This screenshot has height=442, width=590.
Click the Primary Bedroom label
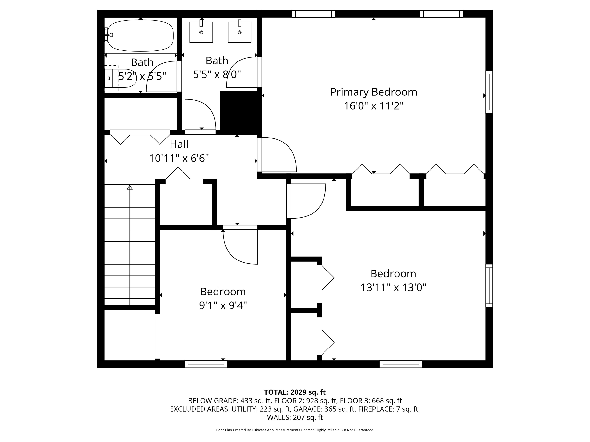373,92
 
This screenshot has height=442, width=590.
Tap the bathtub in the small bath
141,36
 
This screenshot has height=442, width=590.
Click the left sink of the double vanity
201,32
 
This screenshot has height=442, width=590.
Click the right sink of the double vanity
240,32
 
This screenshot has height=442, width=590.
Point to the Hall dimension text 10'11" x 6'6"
179,158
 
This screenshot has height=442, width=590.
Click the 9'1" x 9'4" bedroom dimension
223,305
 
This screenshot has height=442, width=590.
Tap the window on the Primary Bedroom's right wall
489,92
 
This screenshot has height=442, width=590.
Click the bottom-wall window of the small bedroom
206,364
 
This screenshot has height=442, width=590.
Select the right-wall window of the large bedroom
489,286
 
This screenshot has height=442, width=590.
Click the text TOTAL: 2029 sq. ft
295,392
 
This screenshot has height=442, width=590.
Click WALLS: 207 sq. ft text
295,417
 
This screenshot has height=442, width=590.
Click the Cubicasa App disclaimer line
295,430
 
